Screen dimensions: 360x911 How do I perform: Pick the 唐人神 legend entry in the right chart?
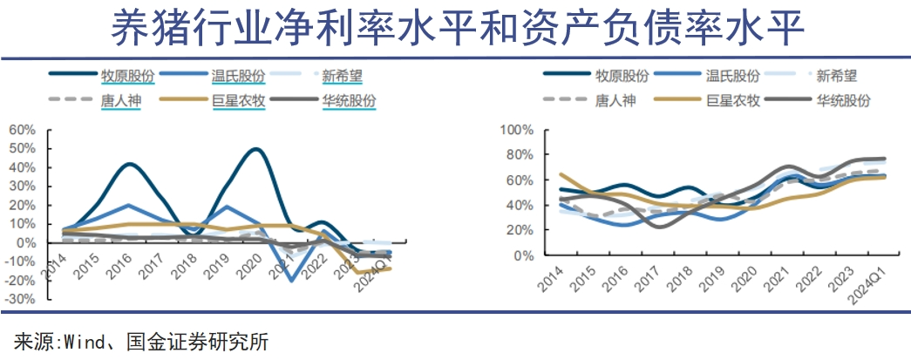[x=615, y=100]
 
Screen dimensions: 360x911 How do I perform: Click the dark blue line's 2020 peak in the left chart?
[x=255, y=149]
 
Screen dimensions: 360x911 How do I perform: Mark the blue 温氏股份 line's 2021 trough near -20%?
[x=291, y=280]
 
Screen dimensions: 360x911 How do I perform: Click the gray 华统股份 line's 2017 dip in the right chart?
[x=655, y=227]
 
